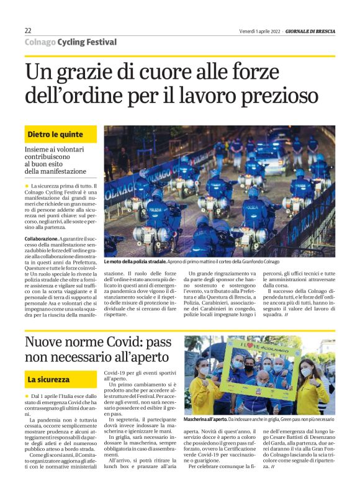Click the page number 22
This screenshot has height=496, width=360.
pos(28,31)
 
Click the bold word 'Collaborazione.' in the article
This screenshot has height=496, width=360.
pos(43,238)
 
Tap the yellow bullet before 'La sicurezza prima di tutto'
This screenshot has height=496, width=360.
pos(27,186)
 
